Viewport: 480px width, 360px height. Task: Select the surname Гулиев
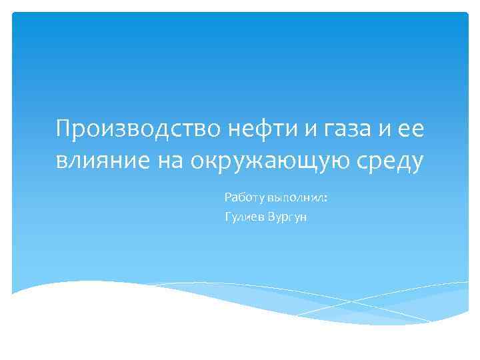pos(245,219)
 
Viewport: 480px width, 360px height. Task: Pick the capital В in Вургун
pos(271,218)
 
